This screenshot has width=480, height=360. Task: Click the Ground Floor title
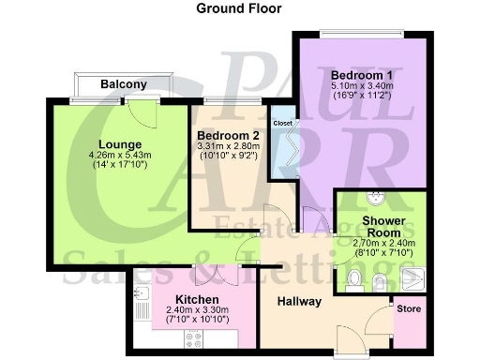[238, 7]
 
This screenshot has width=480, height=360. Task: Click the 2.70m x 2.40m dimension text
[382, 243]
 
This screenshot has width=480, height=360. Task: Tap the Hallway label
[299, 301]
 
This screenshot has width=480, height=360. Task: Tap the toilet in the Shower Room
[354, 278]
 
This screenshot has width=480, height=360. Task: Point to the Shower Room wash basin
[375, 200]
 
